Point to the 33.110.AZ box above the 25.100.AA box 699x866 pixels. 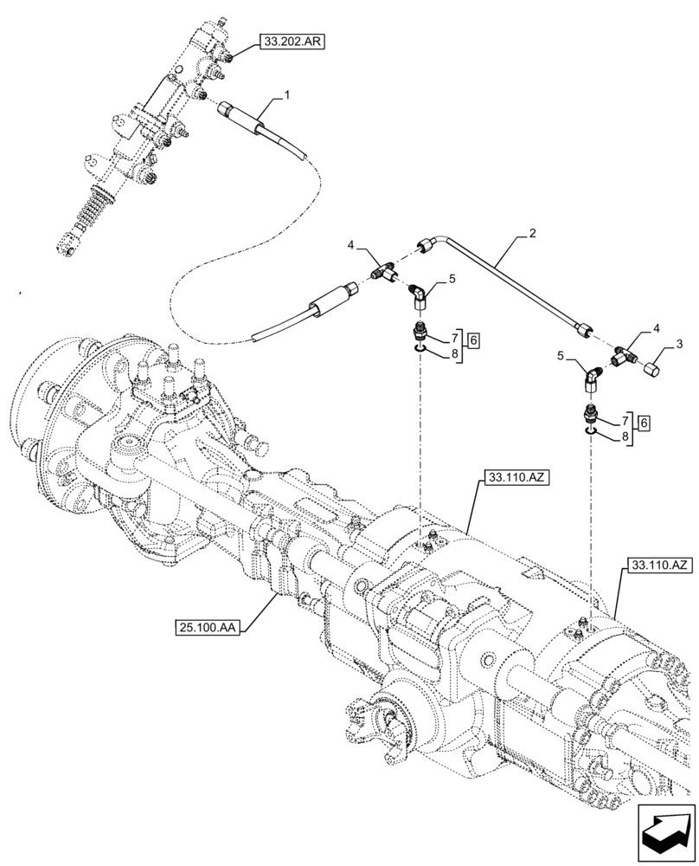(514, 477)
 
